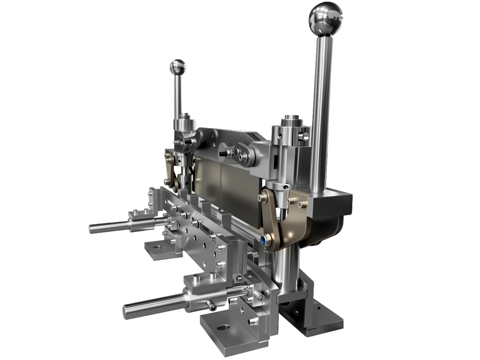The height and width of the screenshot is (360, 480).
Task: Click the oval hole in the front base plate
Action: [x=224, y=328]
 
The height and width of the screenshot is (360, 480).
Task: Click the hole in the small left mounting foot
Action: [x=156, y=247]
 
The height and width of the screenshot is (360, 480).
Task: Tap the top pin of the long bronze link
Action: [x=267, y=197]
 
